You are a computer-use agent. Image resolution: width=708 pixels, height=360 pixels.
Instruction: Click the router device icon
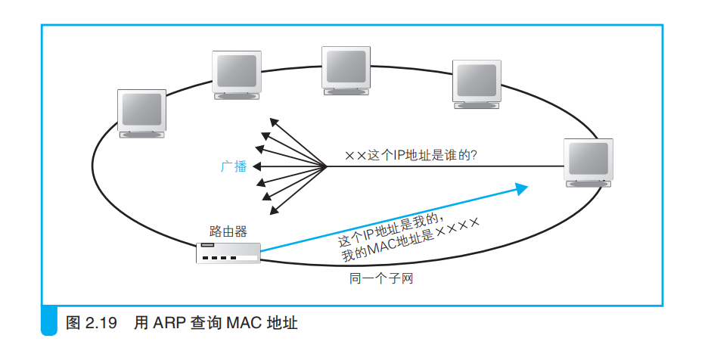tap(228, 253)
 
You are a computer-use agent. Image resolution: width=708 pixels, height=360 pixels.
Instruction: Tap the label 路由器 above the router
tap(228, 231)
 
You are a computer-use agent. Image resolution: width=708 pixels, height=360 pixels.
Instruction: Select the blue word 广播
tap(234, 166)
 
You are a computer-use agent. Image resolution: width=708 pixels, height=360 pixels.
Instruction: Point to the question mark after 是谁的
tap(481, 155)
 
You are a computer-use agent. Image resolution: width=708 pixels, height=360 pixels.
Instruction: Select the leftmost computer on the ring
tap(141, 113)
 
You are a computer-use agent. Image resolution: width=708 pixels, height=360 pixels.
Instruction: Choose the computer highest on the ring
tap(346, 70)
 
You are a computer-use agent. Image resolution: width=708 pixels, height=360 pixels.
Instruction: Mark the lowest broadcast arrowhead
tap(273, 210)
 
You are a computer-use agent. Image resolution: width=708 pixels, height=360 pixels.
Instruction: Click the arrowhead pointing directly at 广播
tap(256, 166)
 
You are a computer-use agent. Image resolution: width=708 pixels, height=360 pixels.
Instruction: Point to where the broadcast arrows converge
tap(326, 166)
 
